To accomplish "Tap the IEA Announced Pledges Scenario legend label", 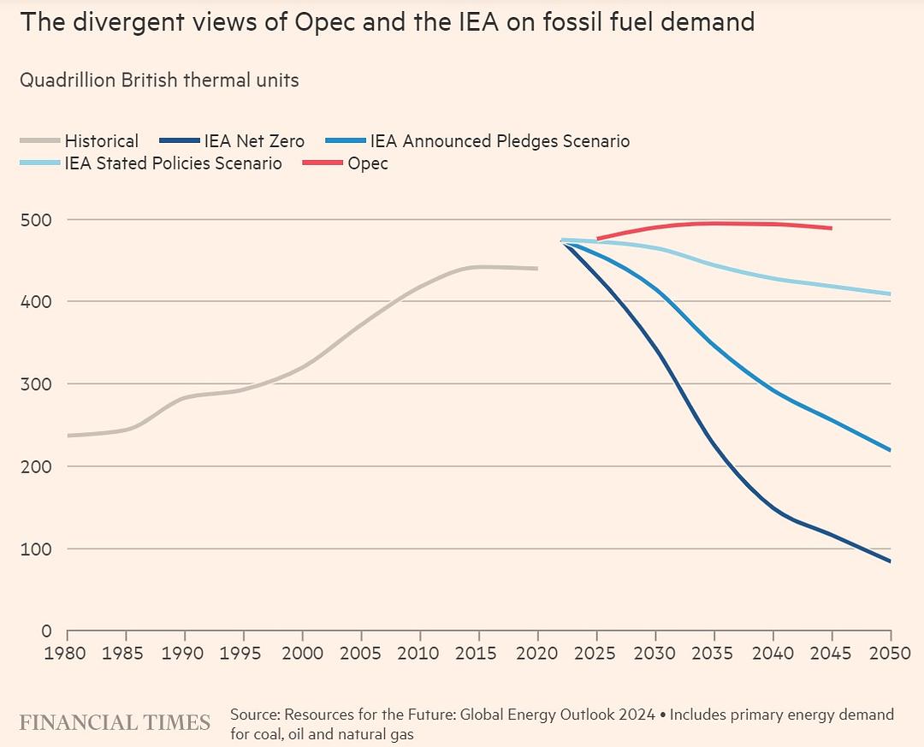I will pos(500,141).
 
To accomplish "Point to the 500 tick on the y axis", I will pos(36,220).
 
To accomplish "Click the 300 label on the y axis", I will pos(36,384).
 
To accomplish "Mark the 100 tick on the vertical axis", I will pos(36,548).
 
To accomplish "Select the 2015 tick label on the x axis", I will pos(478,654).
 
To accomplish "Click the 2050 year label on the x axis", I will pos(890,654).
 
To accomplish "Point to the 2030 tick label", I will pos(654,654).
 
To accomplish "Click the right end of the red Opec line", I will pos(831,228).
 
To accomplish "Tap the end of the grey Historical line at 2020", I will pos(537,269).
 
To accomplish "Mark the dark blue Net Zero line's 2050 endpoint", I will pos(890,561).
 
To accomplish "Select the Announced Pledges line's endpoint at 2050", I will pos(890,450).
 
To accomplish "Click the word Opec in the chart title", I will pos(325,21).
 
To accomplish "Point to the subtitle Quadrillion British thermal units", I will pos(159,80).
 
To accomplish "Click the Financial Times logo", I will pos(115,722).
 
